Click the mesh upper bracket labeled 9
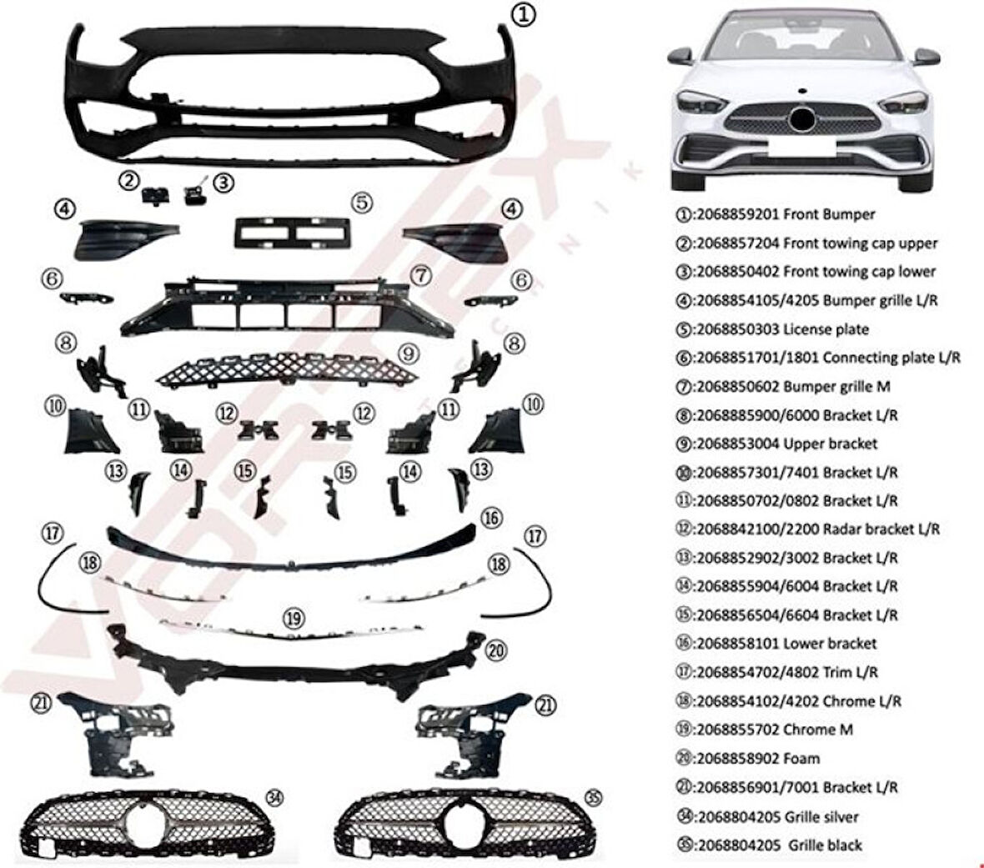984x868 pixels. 287,367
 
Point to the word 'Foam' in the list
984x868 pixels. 801,758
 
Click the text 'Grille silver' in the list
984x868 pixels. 821,816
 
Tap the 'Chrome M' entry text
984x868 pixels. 818,730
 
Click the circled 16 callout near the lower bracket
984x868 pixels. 492,519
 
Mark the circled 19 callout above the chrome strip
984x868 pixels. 292,618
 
